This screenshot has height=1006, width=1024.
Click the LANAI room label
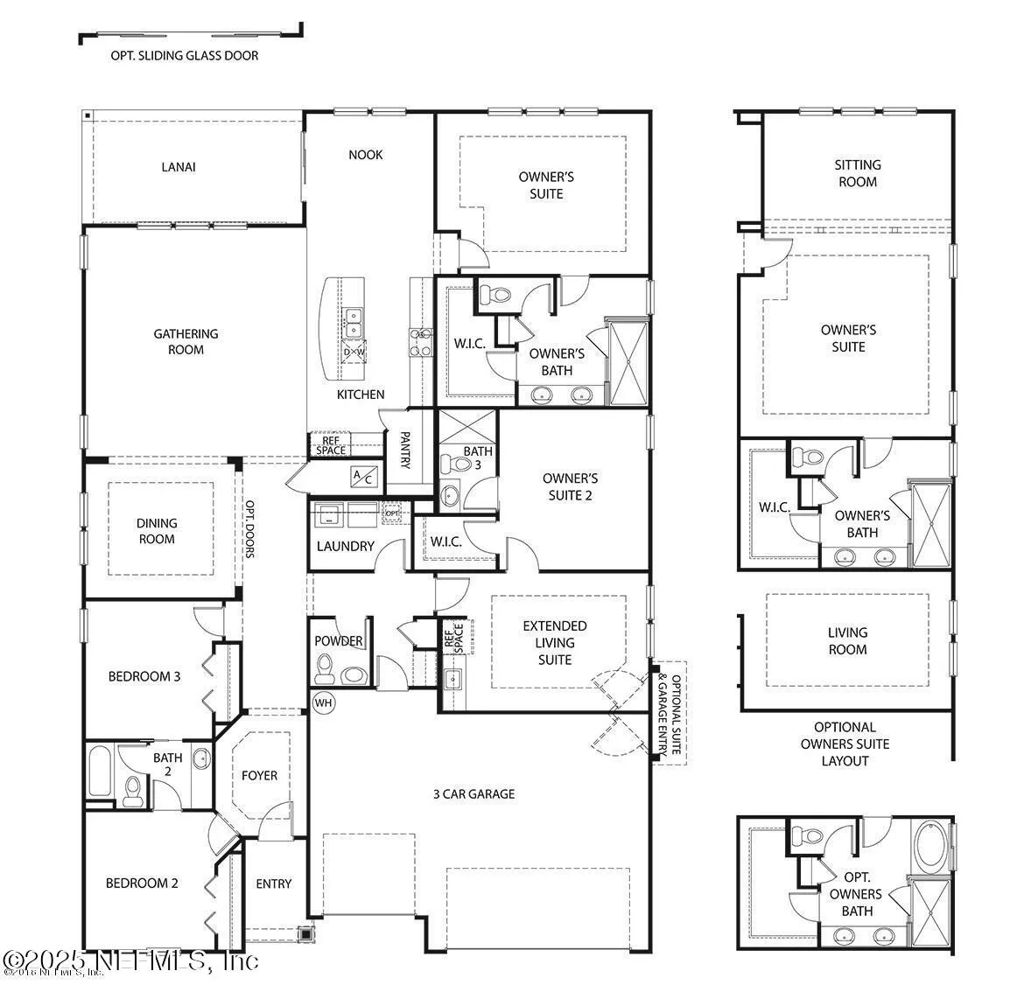(178, 167)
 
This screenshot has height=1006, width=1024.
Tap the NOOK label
(365, 155)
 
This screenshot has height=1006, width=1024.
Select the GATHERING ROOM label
(186, 341)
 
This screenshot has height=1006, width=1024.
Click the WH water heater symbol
(323, 702)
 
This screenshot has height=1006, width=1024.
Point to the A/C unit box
(361, 477)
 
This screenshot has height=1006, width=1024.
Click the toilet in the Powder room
(324, 668)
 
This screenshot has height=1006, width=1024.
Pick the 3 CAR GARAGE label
(473, 794)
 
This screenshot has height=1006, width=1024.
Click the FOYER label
(259, 775)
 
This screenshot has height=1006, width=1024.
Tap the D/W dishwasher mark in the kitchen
(354, 353)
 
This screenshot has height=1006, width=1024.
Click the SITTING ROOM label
(857, 173)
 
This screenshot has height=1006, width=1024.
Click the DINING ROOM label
(157, 531)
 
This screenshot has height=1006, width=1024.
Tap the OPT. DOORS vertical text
(249, 529)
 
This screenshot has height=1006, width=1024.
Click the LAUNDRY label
(345, 546)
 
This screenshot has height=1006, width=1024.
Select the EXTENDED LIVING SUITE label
(554, 642)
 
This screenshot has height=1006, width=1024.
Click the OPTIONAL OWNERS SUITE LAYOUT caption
(845, 744)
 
